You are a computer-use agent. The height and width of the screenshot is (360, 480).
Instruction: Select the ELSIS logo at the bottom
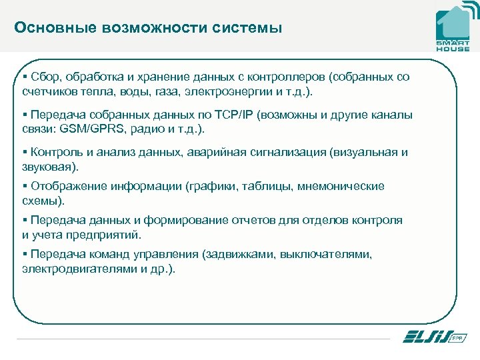434,337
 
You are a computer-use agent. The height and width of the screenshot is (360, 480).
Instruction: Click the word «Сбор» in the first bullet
45,77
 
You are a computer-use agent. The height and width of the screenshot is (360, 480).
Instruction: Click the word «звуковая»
47,166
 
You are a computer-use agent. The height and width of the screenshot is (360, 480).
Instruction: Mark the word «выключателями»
325,255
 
